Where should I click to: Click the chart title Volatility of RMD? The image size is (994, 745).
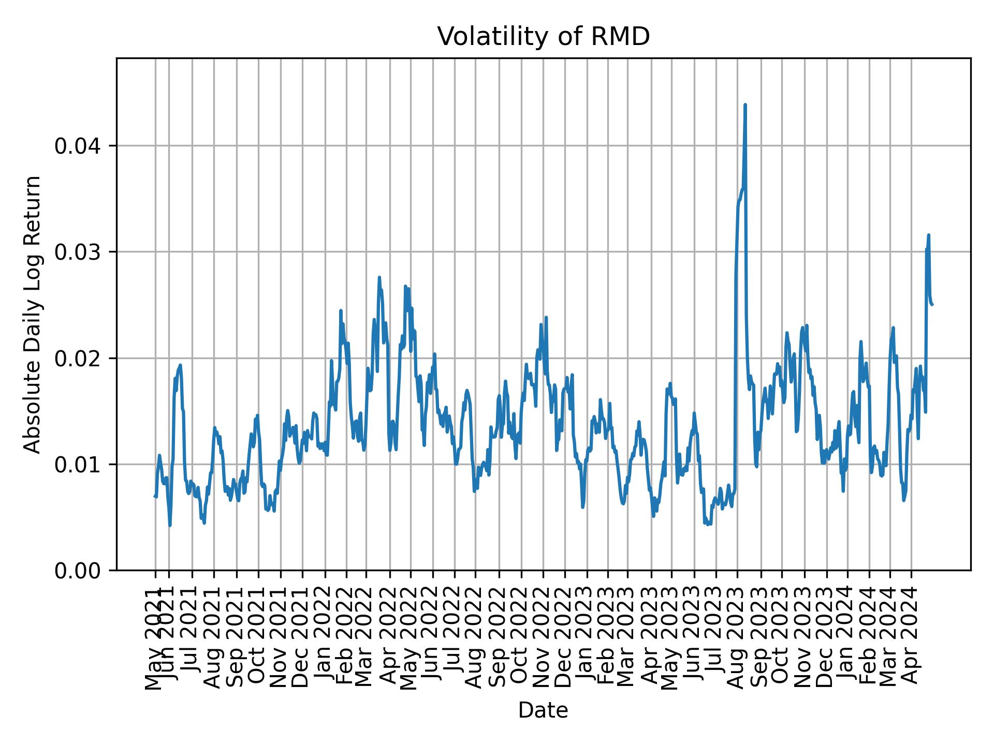543,37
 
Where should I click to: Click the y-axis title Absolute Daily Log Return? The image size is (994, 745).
33,314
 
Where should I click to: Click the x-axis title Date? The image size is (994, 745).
543,711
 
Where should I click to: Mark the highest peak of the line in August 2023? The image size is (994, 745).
745,105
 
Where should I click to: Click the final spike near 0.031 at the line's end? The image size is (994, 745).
928,235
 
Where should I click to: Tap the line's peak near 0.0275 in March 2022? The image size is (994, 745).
379,278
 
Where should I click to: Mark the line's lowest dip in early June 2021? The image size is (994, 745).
170,526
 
